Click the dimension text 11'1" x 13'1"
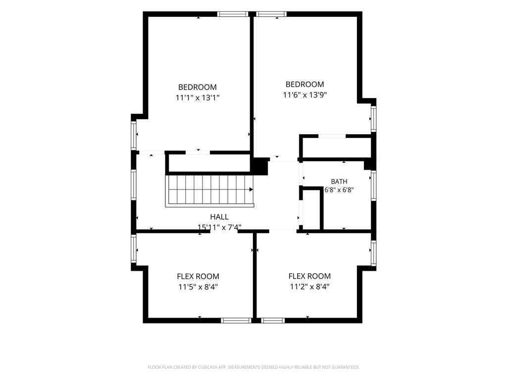tap(198, 97)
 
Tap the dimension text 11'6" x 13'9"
tap(305, 95)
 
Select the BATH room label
tap(339, 182)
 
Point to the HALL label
tap(219, 217)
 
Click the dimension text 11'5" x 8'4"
tap(198, 287)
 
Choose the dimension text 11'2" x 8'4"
tap(309, 286)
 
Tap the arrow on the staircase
tap(251, 190)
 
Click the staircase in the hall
tap(210, 190)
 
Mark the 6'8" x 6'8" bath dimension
tap(339, 190)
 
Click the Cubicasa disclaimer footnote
tap(253, 367)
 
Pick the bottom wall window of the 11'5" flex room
tap(236, 321)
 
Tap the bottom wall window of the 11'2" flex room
tap(273, 321)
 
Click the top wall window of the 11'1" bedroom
tap(233, 14)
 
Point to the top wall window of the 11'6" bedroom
tap(271, 14)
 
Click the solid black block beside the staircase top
tap(259, 166)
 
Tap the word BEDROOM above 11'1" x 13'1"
tap(198, 87)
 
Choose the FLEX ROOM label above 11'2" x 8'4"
tap(309, 276)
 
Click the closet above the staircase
tap(209, 163)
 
